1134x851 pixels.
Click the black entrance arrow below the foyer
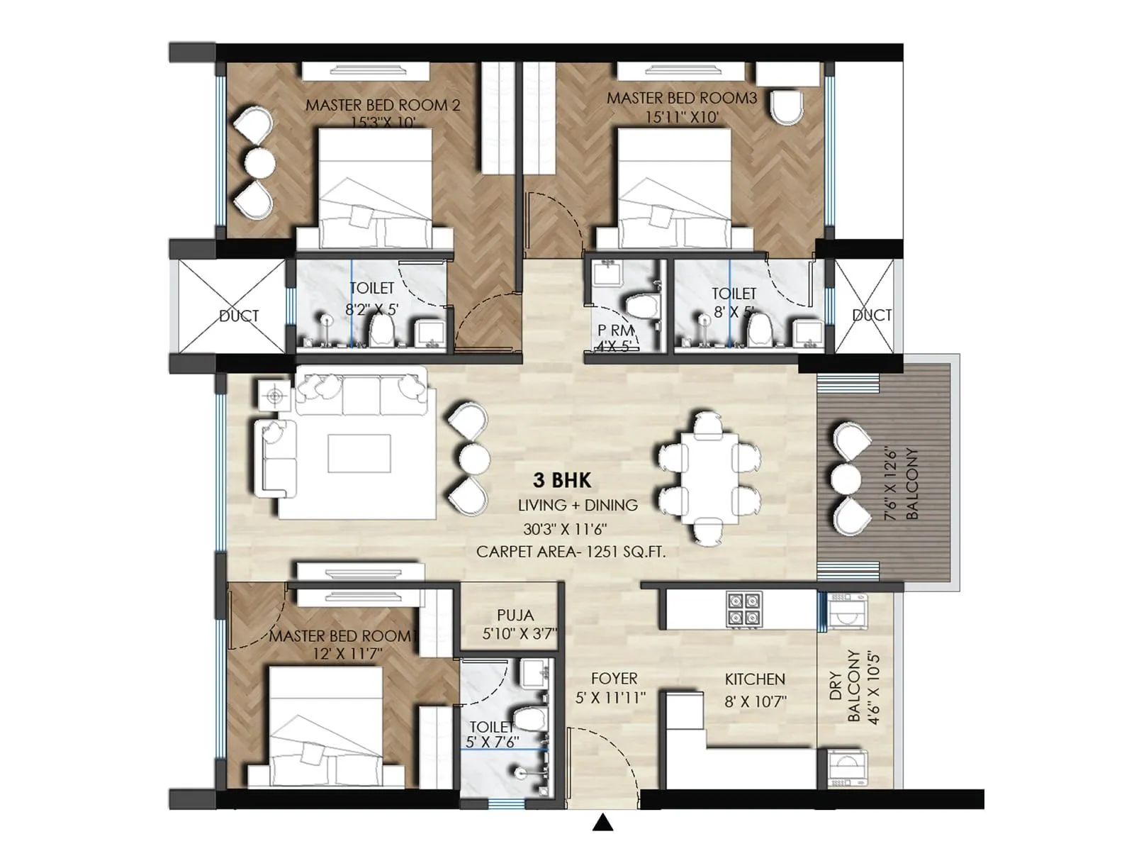coord(602,823)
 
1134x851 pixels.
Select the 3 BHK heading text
coord(562,480)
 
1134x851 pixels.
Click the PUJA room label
coord(515,616)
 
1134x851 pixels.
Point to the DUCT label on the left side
coord(239,316)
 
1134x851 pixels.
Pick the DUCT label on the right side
coord(871,315)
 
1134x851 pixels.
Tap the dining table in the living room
coord(709,479)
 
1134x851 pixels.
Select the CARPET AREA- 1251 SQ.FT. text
coord(571,552)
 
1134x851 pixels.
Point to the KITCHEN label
coord(755,679)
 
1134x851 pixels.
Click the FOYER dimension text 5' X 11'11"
coord(610,699)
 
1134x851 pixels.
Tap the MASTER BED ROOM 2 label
coord(383,105)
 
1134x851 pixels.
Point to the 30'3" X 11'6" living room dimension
coord(565,529)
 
